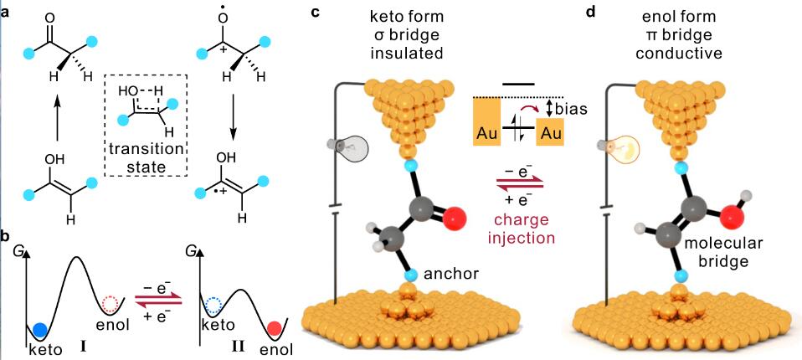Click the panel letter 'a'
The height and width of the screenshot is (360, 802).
[x=7, y=12]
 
